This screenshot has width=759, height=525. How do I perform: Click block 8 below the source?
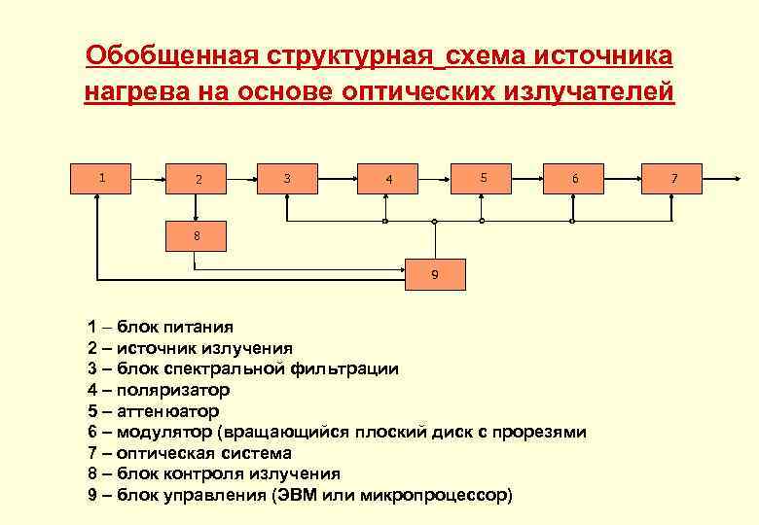197,236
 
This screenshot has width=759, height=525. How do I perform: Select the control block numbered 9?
435,274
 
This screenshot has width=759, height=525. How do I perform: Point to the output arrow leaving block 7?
720,179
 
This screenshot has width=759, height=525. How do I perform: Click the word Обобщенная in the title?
170,55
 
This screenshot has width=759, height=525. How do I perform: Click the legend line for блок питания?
161,327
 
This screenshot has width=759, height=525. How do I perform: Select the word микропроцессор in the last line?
433,495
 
